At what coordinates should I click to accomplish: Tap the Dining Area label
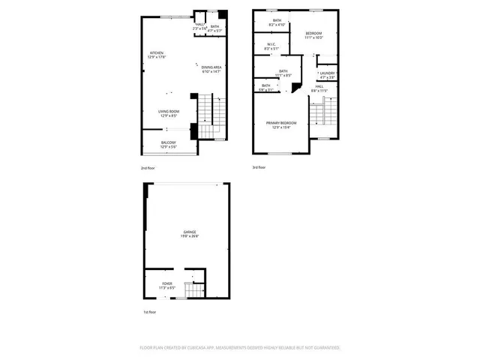pyautogui.click(x=211, y=67)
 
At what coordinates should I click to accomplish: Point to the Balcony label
pyautogui.click(x=169, y=142)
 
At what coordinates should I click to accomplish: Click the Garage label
pyautogui.click(x=188, y=232)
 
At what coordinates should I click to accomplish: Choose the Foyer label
pyautogui.click(x=166, y=283)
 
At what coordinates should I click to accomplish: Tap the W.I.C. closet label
pyautogui.click(x=272, y=44)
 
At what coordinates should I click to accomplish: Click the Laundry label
pyautogui.click(x=327, y=73)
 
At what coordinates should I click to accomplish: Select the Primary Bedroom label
pyautogui.click(x=281, y=122)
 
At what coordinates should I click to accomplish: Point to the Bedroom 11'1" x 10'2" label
pyautogui.click(x=313, y=34)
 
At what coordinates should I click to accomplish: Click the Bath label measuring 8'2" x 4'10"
pyautogui.click(x=277, y=20)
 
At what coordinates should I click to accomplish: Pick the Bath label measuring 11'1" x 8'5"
pyautogui.click(x=283, y=71)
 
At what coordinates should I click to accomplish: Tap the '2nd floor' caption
pyautogui.click(x=148, y=168)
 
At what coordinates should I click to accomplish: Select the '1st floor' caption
pyautogui.click(x=150, y=312)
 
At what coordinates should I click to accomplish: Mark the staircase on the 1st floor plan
pyautogui.click(x=194, y=290)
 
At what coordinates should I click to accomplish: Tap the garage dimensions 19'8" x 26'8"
pyautogui.click(x=188, y=237)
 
